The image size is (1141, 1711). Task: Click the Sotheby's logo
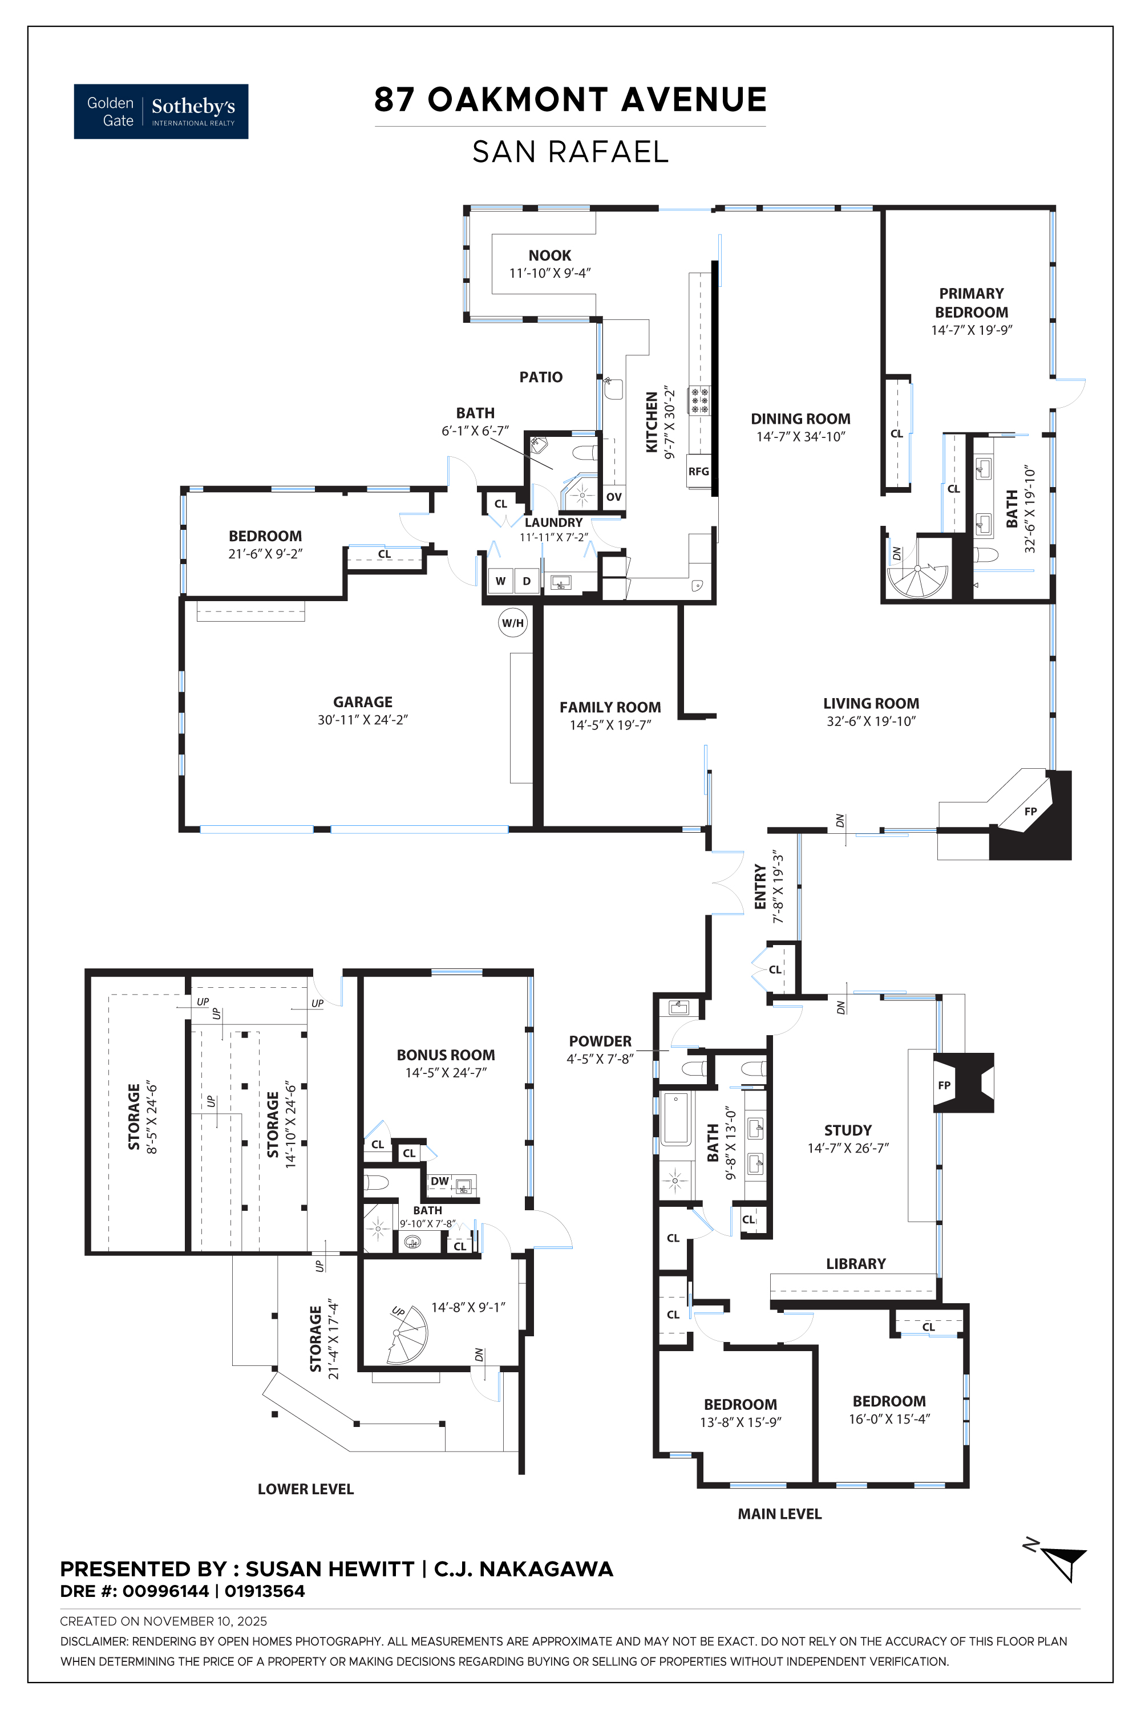pos(161,111)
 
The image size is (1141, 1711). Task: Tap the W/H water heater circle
pos(512,623)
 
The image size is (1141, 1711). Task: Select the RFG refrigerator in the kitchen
pos(698,472)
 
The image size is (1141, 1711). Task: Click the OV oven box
pos(613,497)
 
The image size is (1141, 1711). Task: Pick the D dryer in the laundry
pos(527,581)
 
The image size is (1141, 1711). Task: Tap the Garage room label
pos(362,702)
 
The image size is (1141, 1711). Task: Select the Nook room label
pos(549,256)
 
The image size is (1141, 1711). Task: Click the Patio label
pos(541,377)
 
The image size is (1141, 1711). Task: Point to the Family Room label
pos(610,707)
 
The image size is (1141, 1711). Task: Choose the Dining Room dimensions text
pos(800,436)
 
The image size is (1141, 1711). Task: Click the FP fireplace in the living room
pos(1030,811)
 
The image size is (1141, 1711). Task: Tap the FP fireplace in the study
pos(964,1082)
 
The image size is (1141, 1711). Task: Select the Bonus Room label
pos(446,1055)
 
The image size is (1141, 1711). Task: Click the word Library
pos(856,1264)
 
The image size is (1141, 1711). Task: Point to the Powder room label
pos(600,1041)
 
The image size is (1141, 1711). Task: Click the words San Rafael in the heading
pos(570,151)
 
